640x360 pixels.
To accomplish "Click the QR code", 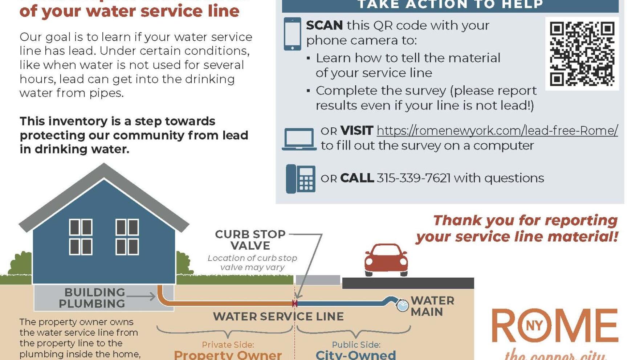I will point(582,54).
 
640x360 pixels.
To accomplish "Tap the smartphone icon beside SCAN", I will point(292,34).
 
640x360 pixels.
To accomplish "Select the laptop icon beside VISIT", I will point(299,139).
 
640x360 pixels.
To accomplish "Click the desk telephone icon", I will point(301,179).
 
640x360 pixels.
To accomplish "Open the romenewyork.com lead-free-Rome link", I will point(497,131).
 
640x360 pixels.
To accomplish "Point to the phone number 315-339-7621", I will point(413,178).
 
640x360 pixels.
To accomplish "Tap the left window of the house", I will point(81,237).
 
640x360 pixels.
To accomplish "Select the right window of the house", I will point(127,237).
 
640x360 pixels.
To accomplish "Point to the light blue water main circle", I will point(402,306).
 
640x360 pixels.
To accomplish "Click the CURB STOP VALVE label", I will point(250,240).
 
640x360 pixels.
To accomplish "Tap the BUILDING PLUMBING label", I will point(92,298).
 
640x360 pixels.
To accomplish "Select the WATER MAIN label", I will point(432,306).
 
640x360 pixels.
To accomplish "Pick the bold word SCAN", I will point(324,25).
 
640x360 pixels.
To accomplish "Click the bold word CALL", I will point(357,178).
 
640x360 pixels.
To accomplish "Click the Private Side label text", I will point(228,344).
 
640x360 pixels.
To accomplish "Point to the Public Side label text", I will point(356,344).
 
